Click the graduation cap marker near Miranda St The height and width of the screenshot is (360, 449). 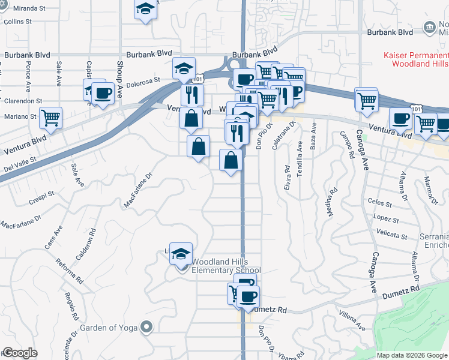(x=145, y=10)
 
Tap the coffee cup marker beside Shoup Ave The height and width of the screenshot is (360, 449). (x=103, y=94)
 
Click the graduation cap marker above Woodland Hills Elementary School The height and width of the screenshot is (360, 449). (x=181, y=254)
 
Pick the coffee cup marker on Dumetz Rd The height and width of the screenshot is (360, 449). (x=248, y=296)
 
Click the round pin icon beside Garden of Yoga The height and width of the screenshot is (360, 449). (x=146, y=327)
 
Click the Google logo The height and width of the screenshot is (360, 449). (x=20, y=353)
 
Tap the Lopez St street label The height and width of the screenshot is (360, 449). (x=382, y=218)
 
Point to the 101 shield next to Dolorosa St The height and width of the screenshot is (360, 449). (x=199, y=78)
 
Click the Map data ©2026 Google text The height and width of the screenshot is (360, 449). (x=412, y=355)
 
